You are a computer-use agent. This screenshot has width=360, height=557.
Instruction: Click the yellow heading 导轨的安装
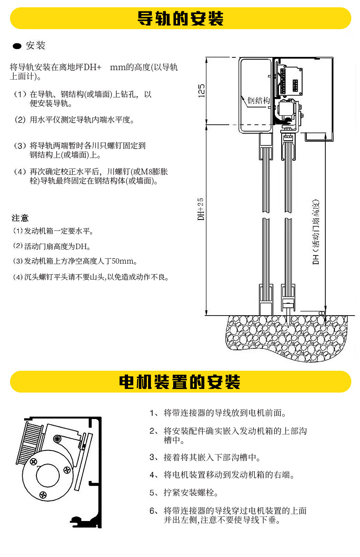pos(180,19)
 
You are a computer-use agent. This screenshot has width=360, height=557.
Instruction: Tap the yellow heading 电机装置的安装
pos(180,382)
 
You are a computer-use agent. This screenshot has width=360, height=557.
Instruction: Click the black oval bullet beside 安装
pos(17,46)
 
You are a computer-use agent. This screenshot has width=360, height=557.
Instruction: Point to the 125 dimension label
pos(201,90)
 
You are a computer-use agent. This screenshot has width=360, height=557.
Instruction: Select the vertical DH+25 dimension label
pos(201,209)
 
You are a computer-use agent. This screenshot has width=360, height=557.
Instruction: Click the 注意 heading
pos(20,218)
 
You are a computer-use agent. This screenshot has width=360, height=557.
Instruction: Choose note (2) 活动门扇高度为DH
pos(52,246)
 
